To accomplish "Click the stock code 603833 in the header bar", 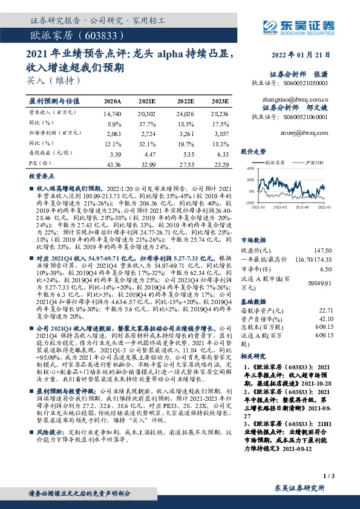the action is (107, 36).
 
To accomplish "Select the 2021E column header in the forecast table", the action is (147, 101).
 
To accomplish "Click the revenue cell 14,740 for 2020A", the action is (113, 113).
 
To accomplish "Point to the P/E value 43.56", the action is (113, 164).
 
